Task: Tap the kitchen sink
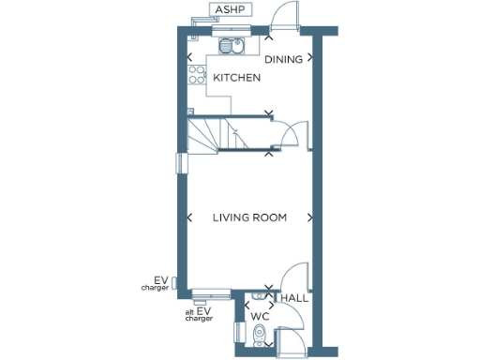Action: click(232, 47)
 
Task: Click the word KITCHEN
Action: click(236, 78)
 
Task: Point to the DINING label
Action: click(282, 59)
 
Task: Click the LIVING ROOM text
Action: click(249, 217)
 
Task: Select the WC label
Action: click(260, 317)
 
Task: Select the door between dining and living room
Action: click(293, 135)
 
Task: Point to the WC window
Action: click(235, 334)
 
